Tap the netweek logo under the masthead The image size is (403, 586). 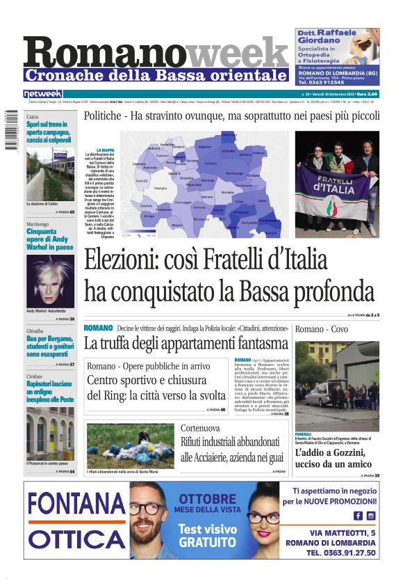[x=43, y=94]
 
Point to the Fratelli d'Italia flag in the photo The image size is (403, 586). [x=340, y=191]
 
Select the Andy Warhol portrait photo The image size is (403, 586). [x=49, y=280]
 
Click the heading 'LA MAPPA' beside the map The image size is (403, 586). [x=106, y=150]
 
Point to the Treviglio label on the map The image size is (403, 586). [x=161, y=188]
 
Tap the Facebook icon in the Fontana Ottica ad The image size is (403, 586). [x=358, y=516]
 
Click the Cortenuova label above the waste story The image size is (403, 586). [x=201, y=428]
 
